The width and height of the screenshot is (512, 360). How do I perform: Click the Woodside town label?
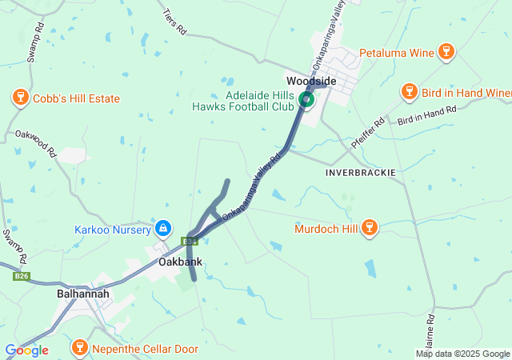311,82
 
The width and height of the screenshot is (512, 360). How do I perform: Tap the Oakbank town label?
180,262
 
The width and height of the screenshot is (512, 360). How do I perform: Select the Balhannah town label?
83,294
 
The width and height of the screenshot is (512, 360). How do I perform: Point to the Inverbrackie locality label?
361,173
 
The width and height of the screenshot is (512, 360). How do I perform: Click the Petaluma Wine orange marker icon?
446,54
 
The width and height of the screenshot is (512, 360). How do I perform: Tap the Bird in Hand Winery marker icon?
410,93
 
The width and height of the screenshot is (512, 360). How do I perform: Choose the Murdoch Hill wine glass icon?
369,229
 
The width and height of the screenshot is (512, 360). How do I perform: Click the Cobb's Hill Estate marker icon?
19,98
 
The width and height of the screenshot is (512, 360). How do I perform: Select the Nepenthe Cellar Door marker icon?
79,348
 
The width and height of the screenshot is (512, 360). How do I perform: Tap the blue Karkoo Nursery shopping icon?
163,230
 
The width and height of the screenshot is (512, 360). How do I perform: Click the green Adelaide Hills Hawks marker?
306,100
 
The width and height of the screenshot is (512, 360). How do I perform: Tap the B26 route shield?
22,277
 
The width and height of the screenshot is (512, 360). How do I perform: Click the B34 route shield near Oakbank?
189,241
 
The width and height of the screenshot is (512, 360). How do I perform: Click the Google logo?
26,350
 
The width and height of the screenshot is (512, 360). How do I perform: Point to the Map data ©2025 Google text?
463,354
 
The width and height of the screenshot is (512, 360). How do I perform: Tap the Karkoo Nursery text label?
113,230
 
